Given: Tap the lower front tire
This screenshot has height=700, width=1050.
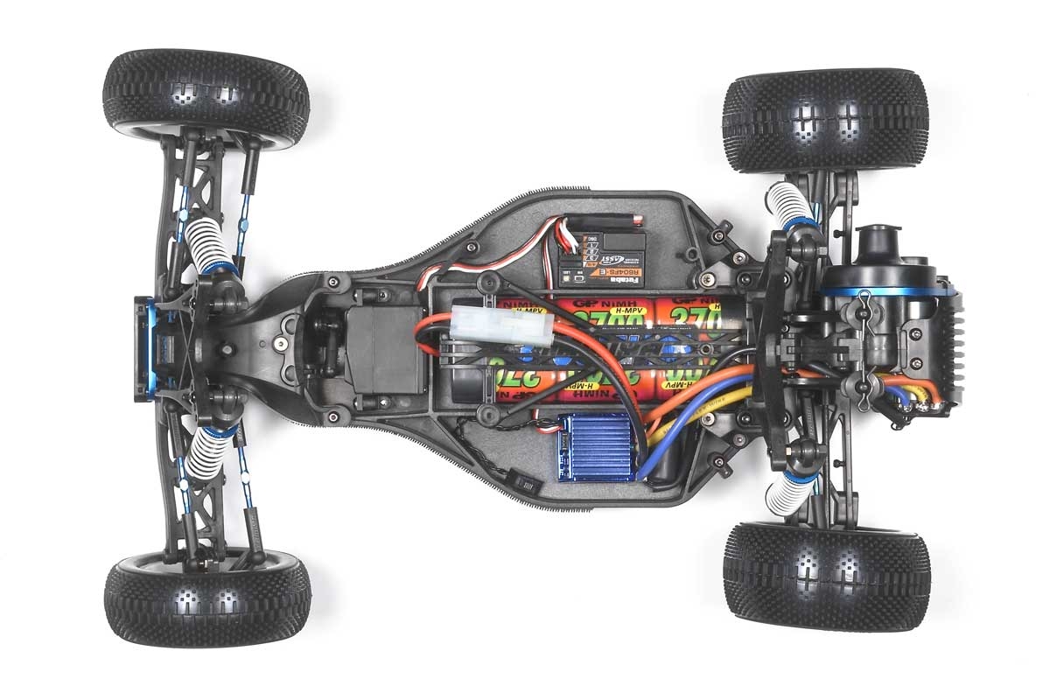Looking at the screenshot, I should pos(207,600).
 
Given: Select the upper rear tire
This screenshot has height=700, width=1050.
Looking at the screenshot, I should pos(825,120).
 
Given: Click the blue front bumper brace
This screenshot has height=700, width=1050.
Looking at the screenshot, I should pos(144,348).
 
